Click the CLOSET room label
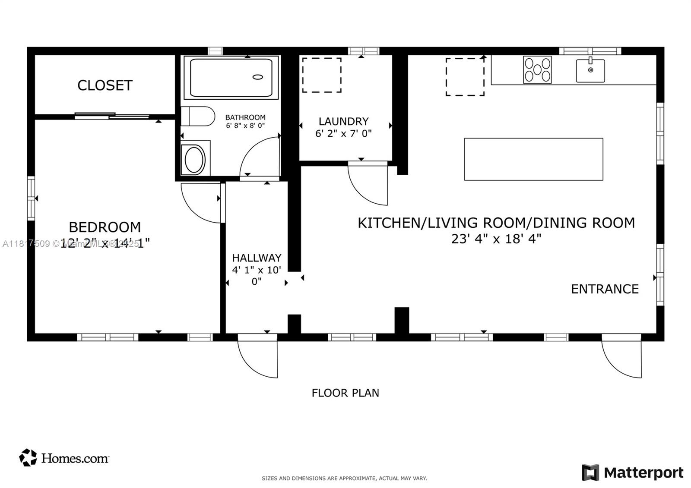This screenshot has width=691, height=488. (105, 85)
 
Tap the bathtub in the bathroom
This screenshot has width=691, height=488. (231, 78)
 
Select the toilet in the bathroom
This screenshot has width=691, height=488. (198, 116)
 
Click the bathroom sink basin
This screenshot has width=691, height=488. (195, 159)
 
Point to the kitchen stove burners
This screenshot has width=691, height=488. (537, 69)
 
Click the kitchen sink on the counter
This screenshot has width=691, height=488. (590, 71)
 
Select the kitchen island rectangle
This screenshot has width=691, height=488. (533, 159)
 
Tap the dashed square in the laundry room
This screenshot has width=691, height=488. (322, 75)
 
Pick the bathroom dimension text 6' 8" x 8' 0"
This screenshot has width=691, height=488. (245, 126)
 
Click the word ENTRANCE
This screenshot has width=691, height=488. (605, 289)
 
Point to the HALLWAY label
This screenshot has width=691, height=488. (257, 258)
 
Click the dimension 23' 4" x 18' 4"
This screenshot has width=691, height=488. (496, 239)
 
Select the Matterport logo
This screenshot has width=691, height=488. (633, 472)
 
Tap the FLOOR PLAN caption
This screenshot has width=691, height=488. (345, 393)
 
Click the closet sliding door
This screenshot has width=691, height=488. (112, 116)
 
